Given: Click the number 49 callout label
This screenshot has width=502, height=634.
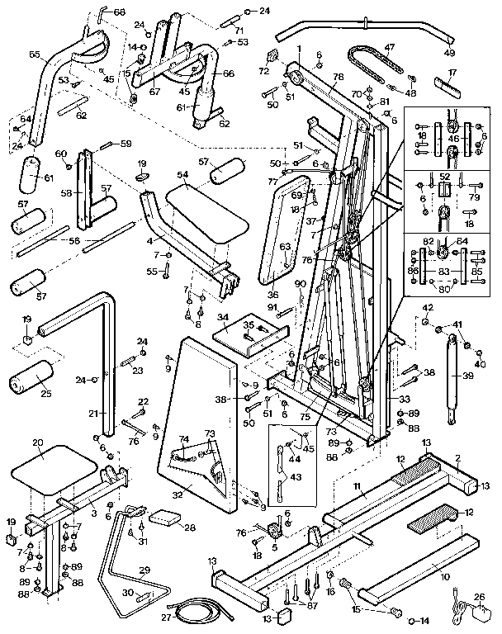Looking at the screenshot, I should coord(450,54).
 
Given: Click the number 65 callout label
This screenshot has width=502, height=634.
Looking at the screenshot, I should coord(34,54).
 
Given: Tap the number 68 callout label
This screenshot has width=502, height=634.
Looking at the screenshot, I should coord(119,12).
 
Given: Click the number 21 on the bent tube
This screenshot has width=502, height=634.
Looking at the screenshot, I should coord(92,413).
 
